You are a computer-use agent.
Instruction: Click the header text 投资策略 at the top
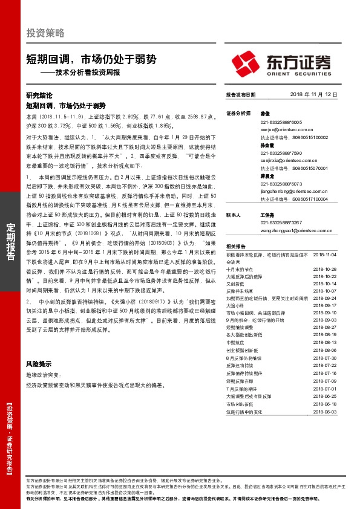pos(45,33)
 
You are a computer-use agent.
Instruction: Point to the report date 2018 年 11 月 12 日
pos(315,96)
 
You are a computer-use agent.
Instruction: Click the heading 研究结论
pos(39,96)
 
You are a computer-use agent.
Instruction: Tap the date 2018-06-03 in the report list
pos(326,410)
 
